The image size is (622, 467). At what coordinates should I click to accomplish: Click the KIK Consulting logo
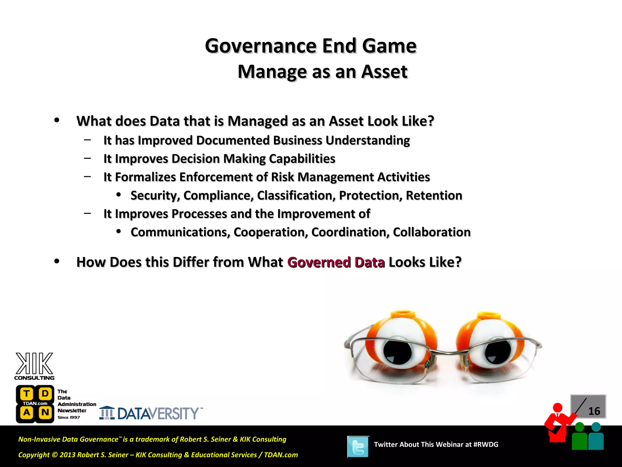point(34,366)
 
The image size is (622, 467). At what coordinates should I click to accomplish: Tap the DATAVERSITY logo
point(151,413)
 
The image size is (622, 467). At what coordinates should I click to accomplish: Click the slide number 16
point(594,411)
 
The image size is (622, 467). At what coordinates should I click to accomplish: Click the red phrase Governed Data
point(336,262)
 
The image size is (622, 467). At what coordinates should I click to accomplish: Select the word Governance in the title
point(261,46)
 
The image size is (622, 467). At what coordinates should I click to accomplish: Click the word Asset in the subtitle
point(384,72)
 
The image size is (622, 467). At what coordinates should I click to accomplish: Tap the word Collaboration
point(432,232)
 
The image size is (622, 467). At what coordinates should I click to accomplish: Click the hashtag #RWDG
point(486,445)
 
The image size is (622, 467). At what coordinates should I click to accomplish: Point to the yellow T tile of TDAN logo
point(27,394)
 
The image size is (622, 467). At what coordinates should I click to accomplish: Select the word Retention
point(434,195)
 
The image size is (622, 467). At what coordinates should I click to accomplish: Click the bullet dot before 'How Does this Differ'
point(57,261)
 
